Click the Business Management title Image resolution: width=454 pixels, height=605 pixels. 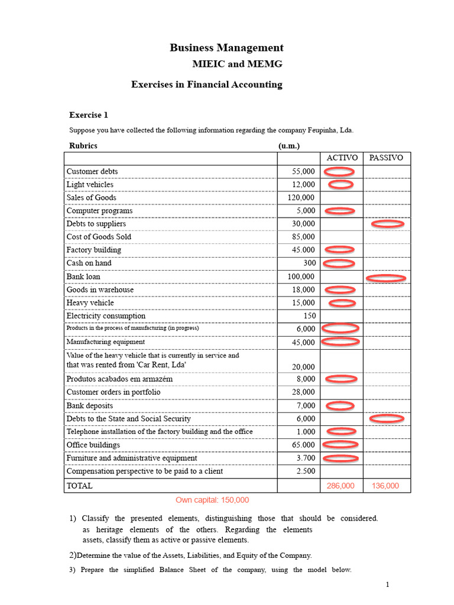pos(226,48)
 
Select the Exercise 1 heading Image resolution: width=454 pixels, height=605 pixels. pos(89,115)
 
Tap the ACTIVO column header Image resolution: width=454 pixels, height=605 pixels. pos(342,158)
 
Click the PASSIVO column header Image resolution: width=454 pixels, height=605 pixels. pos(386,158)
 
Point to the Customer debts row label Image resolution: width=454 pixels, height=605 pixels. pos(92,171)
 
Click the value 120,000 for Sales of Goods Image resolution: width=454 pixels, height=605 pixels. pos(301,198)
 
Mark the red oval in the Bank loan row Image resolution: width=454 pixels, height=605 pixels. pos(386,278)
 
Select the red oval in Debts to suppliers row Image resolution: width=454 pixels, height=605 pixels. pos(387,225)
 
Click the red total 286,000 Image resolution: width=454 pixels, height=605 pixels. pos(340,486)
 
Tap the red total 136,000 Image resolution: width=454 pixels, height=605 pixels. pos(385,486)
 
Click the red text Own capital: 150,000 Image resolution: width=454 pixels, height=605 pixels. pos(212,500)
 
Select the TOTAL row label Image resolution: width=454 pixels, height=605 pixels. pos(80,486)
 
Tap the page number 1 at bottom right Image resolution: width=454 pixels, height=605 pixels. pos(387,585)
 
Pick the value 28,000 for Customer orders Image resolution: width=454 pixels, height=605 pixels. pos(303,392)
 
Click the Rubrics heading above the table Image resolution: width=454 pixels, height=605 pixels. pos(83,145)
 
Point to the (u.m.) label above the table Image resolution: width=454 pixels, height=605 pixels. pos(289,145)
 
